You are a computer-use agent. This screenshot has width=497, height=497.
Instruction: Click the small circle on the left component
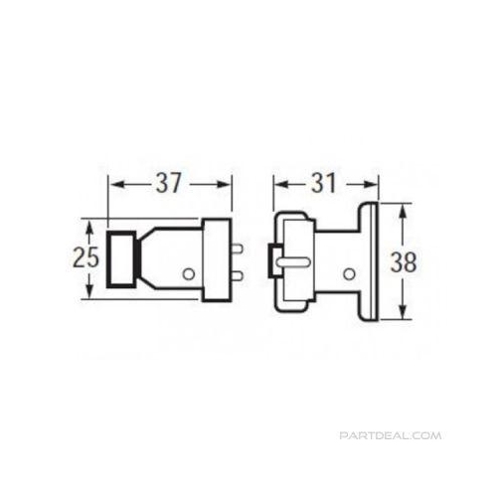click(189, 273)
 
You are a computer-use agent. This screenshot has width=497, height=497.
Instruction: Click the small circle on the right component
click(348, 273)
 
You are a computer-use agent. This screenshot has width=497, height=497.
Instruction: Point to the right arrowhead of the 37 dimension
click(226, 185)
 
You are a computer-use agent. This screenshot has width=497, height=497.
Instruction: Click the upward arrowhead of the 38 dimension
click(401, 211)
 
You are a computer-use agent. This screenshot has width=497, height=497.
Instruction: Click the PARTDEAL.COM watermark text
click(390, 436)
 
